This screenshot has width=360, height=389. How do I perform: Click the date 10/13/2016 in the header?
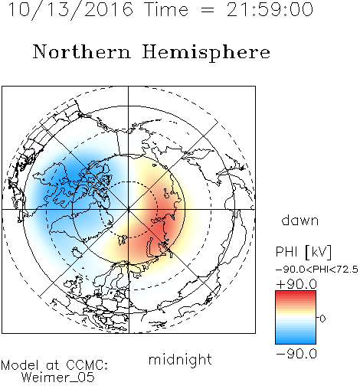70,9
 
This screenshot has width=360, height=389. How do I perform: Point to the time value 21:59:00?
270,9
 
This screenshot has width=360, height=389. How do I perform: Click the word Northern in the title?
82,52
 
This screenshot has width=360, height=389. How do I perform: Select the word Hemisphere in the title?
206,52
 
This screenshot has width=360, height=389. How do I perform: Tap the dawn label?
300,220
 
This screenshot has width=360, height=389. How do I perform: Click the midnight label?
180,359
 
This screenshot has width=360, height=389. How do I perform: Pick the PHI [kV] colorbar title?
303,252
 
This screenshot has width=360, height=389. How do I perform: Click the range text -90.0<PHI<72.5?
317,270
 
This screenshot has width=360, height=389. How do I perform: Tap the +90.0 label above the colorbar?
296,284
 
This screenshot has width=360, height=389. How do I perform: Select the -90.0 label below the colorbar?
296,354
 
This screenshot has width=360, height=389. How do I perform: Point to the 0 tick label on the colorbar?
322,319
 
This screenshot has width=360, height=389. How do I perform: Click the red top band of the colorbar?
296,293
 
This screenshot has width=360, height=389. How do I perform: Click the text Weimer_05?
58,378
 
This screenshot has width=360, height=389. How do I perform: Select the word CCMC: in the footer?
87,365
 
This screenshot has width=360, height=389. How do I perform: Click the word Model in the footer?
20,365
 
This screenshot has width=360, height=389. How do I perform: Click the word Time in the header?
166,9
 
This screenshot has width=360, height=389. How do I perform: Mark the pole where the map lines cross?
129,210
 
